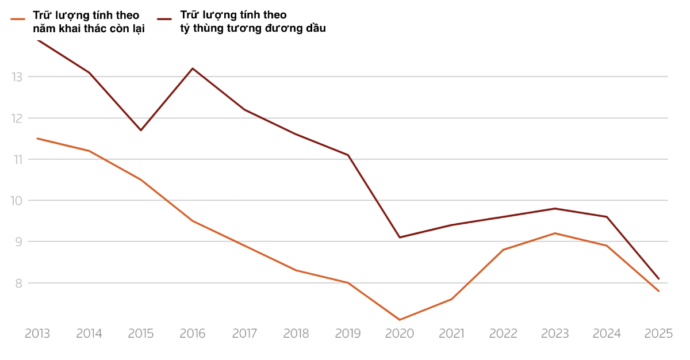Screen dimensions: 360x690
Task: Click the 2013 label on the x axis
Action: pyautogui.click(x=37, y=334)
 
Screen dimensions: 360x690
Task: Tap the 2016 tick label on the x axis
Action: pyautogui.click(x=193, y=334)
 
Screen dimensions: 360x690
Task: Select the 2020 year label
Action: pyautogui.click(x=400, y=334)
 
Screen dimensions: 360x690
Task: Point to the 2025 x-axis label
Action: pyautogui.click(x=658, y=334)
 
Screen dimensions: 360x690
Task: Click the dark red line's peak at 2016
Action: pyautogui.click(x=193, y=68)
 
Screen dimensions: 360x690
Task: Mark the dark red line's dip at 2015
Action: pyautogui.click(x=141, y=130)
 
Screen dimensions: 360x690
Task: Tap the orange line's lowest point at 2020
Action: pyautogui.click(x=400, y=320)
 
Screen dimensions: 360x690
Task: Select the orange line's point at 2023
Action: pyautogui.click(x=555, y=233)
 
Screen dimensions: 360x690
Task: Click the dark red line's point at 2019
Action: pyautogui.click(x=348, y=155)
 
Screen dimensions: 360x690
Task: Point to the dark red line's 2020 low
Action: pyautogui.click(x=400, y=237)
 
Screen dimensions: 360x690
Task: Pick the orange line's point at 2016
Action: pyautogui.click(x=193, y=221)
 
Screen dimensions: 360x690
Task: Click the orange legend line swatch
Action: pyautogui.click(x=18, y=18)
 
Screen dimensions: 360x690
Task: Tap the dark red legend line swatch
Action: pyautogui.click(x=164, y=18)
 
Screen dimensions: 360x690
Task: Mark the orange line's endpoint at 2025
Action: pyautogui.click(x=658, y=291)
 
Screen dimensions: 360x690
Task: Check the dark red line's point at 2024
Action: pyautogui.click(x=607, y=217)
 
